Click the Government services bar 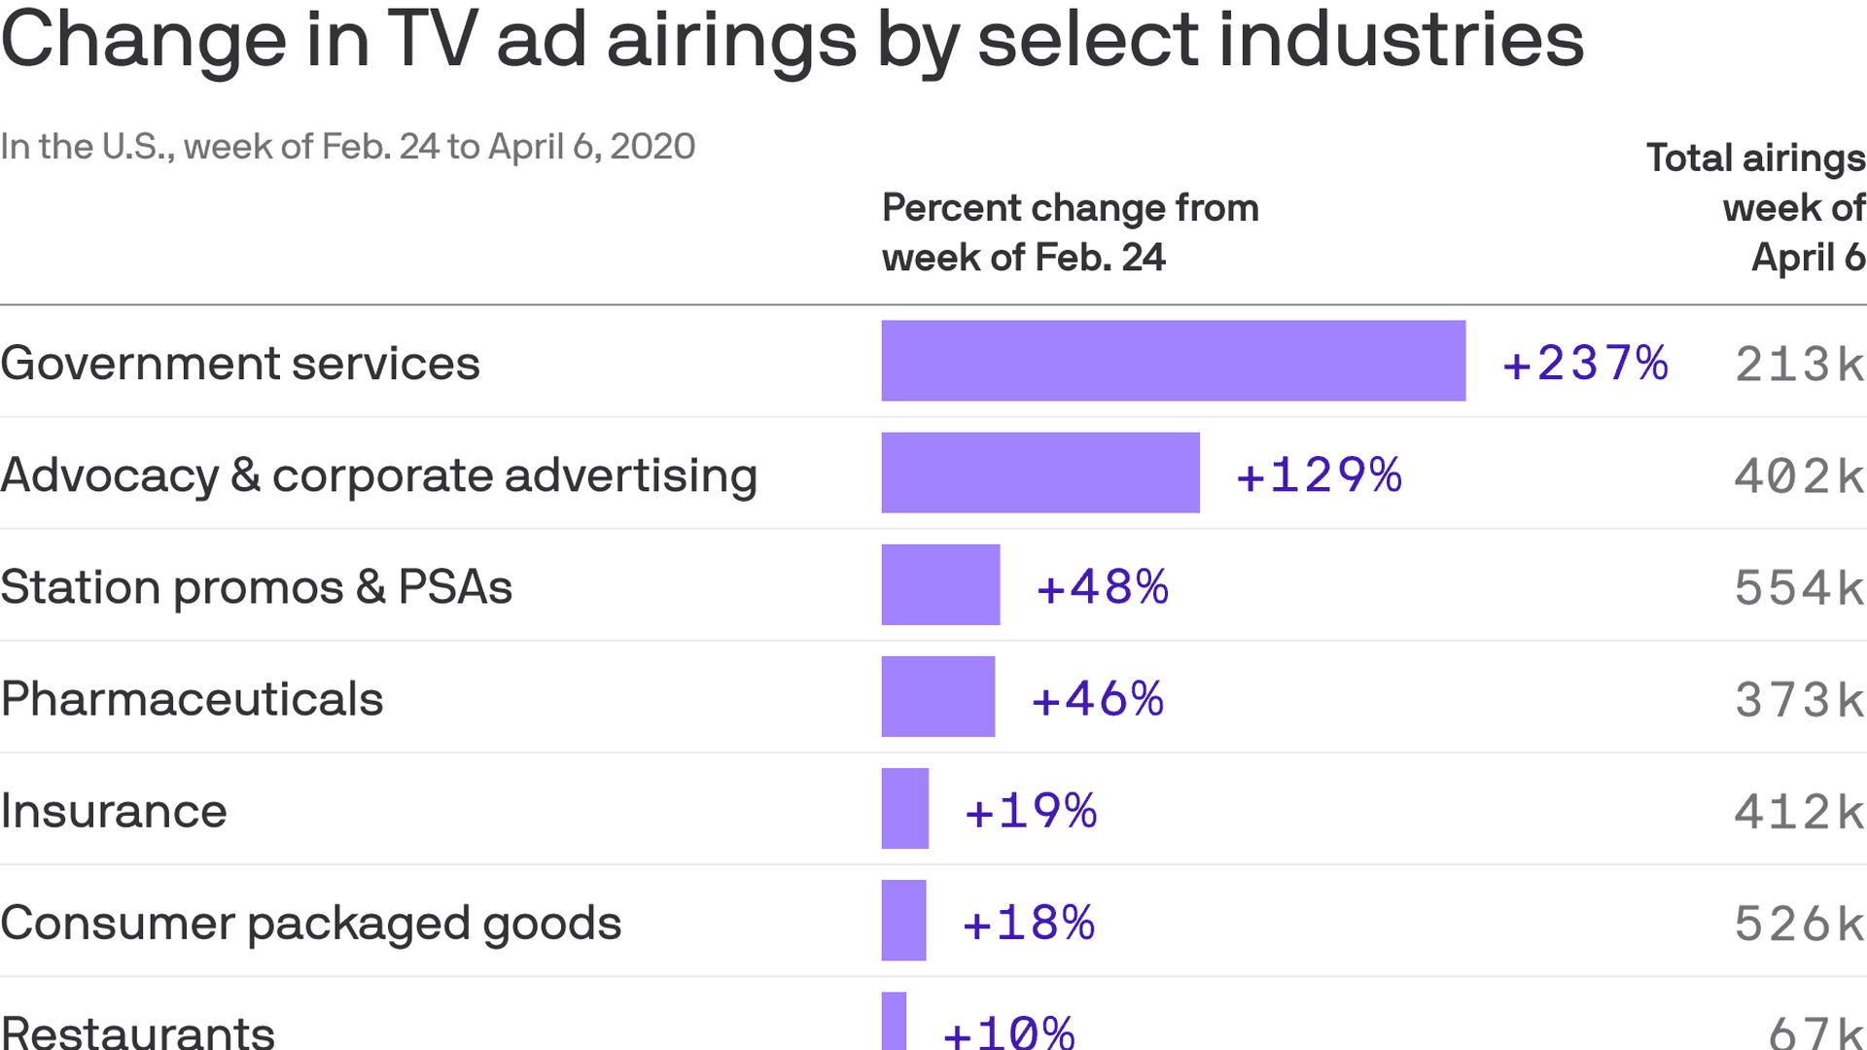[1173, 361]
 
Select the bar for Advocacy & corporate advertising [1040, 472]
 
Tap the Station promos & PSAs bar [940, 584]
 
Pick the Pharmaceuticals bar [937, 696]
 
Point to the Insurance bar [904, 808]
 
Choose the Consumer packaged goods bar [903, 920]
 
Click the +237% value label [1585, 364]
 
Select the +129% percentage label [1319, 475]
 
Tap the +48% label [1102, 587]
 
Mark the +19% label [1030, 811]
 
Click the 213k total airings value [1799, 365]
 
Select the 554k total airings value [1799, 588]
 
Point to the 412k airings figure [1799, 812]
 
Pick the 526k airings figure [1799, 924]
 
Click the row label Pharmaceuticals [192, 699]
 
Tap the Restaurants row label [138, 1031]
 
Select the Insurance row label [114, 811]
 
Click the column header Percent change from [1070, 208]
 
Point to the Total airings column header [1755, 158]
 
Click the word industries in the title [1400, 41]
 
